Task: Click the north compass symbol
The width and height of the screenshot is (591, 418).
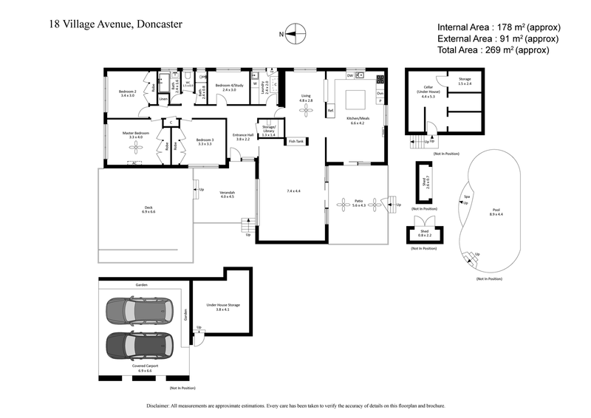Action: (x=293, y=32)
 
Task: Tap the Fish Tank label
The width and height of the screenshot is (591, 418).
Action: (x=296, y=141)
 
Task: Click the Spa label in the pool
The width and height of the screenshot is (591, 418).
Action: (x=466, y=196)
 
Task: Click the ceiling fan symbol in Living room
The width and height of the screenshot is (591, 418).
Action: (x=306, y=111)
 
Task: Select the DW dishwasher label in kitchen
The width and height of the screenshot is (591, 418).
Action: (x=349, y=76)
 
